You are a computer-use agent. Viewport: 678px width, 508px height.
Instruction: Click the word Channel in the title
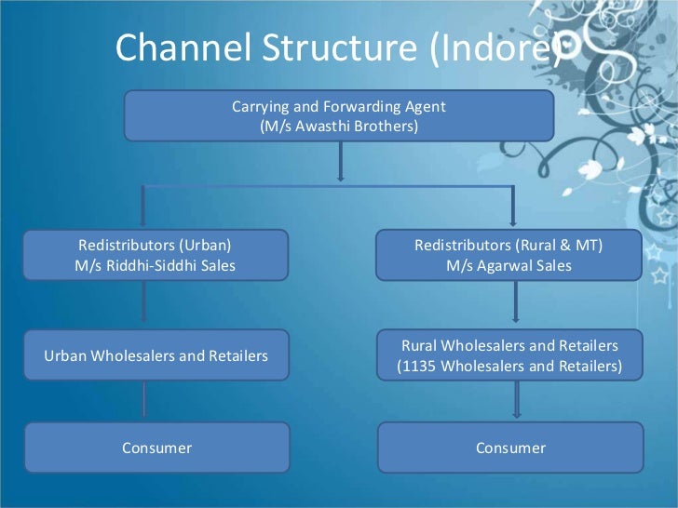pos(174,47)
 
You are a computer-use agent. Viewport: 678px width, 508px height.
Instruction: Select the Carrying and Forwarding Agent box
pos(339,115)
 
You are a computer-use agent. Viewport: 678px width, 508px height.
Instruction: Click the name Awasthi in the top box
pos(331,126)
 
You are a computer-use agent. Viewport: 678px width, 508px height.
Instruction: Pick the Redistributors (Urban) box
pos(156,256)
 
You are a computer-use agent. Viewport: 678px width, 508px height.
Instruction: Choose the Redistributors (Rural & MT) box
pos(508,256)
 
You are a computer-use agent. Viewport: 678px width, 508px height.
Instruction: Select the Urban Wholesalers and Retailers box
pos(156,355)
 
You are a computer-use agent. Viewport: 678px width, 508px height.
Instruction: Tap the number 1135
pos(416,366)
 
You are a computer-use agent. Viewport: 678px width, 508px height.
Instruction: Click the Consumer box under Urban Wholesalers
pos(156,448)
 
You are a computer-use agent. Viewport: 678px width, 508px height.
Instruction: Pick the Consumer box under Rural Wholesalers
pos(509,448)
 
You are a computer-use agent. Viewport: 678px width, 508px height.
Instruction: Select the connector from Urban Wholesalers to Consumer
pos(143,401)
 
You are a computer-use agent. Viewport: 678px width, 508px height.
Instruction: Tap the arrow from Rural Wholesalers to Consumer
pos(516,401)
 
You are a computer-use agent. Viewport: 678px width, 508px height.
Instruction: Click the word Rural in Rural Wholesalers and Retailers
pos(420,345)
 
